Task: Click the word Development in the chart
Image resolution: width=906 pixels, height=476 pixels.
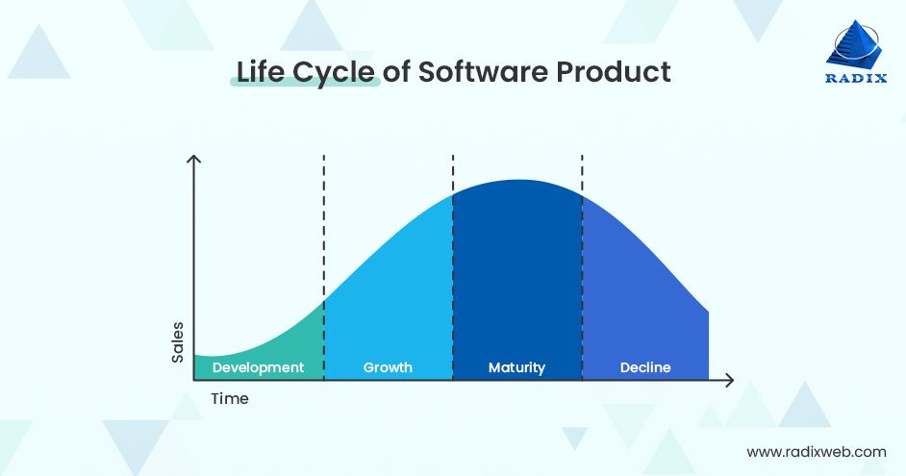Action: tap(258, 367)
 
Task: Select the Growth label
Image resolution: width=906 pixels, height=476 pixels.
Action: tap(388, 367)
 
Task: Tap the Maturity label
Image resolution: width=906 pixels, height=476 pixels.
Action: tap(516, 367)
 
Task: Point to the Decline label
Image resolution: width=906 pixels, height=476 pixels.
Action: tap(645, 367)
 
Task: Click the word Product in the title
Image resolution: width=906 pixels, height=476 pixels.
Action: tap(615, 72)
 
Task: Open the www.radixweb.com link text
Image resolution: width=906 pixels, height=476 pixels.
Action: tap(816, 451)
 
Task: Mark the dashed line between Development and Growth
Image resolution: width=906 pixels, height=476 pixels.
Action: tap(324, 231)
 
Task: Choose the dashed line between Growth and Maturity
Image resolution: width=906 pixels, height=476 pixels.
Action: tap(453, 173)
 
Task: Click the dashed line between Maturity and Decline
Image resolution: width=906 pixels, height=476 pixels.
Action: tap(582, 173)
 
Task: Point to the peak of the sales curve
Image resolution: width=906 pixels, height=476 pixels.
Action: tap(517, 181)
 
